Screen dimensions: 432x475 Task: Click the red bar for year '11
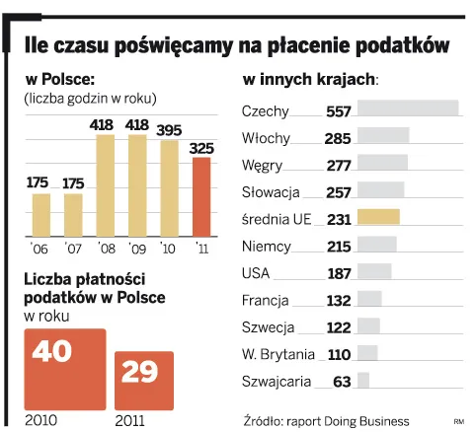[x=200, y=196]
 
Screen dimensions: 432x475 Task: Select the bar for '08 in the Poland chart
[x=106, y=185]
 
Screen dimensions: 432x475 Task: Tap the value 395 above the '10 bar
[x=169, y=130]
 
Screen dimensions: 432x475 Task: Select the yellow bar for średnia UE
[x=377, y=217]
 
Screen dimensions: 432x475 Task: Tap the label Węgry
[x=261, y=165]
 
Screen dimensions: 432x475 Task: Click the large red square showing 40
[x=64, y=368]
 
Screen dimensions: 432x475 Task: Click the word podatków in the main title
[x=396, y=45]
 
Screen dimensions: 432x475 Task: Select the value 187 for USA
[x=339, y=272]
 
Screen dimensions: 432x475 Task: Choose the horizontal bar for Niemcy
[x=375, y=245]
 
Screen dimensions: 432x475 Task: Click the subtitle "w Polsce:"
[x=59, y=78]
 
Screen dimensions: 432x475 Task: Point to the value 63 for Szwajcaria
[x=343, y=380]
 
